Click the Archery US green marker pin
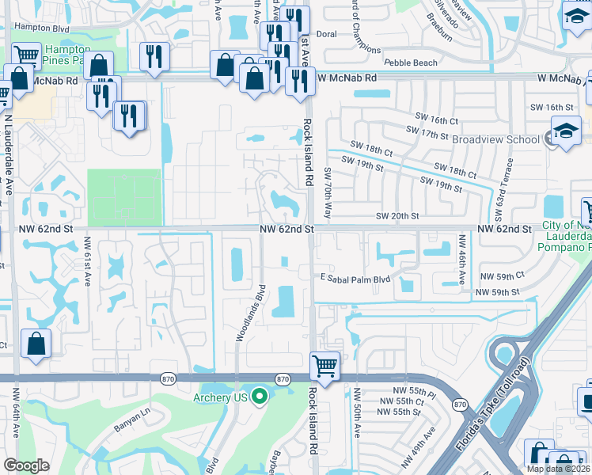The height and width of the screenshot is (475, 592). click(258, 397)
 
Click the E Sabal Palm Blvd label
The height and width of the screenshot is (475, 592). click(355, 279)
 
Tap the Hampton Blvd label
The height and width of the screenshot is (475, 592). click(43, 26)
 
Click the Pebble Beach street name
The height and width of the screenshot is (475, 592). click(410, 63)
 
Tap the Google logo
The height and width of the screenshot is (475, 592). click(26, 465)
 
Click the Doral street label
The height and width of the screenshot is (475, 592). click(326, 35)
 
